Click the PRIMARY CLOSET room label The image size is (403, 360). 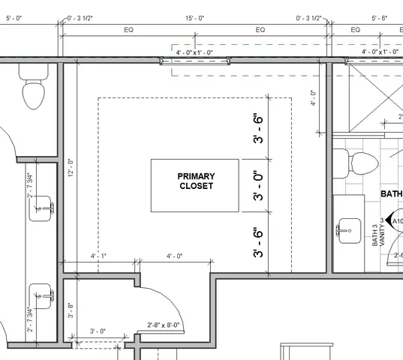[195, 181]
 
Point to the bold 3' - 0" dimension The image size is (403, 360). [258, 186]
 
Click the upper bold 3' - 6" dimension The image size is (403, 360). [258, 129]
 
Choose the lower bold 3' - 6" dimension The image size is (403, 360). [258, 243]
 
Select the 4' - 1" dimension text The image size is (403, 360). [98, 256]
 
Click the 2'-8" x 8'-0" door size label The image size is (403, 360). [164, 325]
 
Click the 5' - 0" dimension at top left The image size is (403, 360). [14, 16]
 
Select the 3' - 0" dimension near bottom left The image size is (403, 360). [98, 331]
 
